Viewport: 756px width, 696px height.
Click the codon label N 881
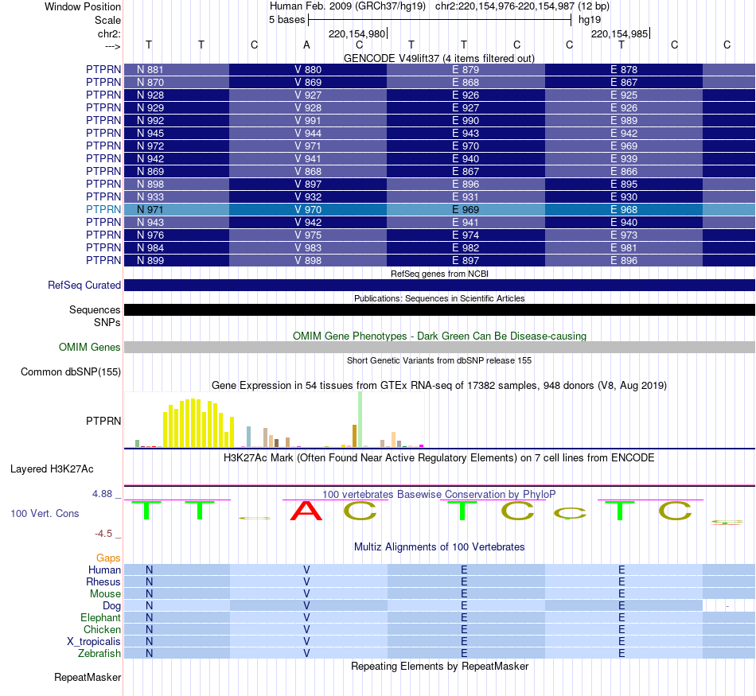click(150, 70)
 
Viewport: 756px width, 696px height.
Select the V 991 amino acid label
click(308, 121)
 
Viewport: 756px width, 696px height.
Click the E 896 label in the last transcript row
click(623, 261)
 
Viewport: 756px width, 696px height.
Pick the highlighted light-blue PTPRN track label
click(103, 210)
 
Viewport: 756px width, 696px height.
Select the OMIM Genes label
click(90, 348)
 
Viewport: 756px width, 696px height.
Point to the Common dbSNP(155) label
click(71, 372)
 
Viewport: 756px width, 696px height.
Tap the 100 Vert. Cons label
click(45, 514)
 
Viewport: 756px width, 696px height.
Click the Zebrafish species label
click(99, 654)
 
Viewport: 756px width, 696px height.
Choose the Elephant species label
click(100, 618)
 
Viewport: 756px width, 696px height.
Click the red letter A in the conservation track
click(307, 511)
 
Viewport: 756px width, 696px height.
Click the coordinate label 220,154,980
click(357, 34)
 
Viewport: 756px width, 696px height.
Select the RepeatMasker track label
click(88, 678)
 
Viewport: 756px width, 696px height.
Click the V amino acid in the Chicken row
click(306, 630)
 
